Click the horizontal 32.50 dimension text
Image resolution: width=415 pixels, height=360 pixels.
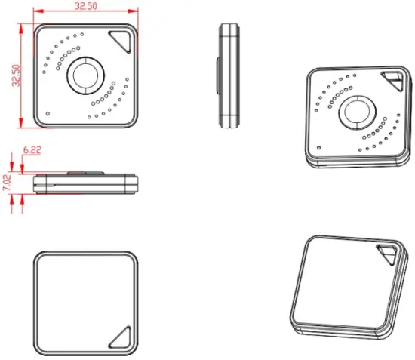[x=85, y=6]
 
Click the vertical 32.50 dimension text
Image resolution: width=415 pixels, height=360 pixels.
[x=16, y=75]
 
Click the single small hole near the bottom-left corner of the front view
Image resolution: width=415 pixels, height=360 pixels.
[x=48, y=114]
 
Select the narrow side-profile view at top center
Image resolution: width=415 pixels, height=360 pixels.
[x=228, y=75]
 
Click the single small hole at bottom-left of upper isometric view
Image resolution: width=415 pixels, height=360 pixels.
[x=320, y=146]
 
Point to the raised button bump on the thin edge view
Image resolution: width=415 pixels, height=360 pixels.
[x=85, y=173]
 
